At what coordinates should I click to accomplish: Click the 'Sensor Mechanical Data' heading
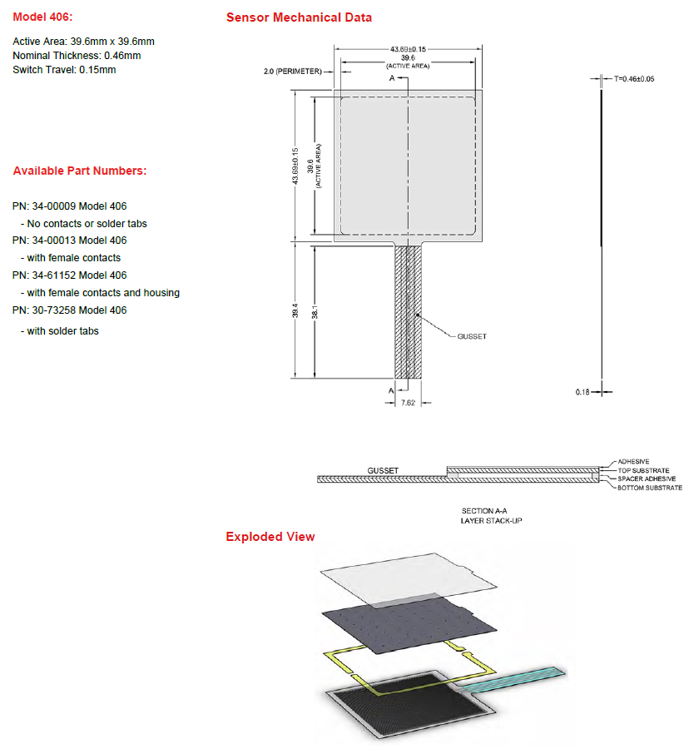click(299, 17)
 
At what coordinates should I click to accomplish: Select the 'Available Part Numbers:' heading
click(79, 171)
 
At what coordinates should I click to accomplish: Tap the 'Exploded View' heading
click(270, 537)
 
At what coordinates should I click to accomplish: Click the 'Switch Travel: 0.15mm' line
click(64, 70)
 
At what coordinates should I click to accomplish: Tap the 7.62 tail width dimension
click(409, 402)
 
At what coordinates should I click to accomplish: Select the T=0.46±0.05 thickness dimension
click(634, 79)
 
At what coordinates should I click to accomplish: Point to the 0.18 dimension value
click(582, 391)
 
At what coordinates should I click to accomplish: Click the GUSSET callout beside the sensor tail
click(472, 336)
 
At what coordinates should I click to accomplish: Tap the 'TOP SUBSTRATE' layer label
click(643, 470)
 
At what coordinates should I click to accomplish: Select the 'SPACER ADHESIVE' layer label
click(647, 479)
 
